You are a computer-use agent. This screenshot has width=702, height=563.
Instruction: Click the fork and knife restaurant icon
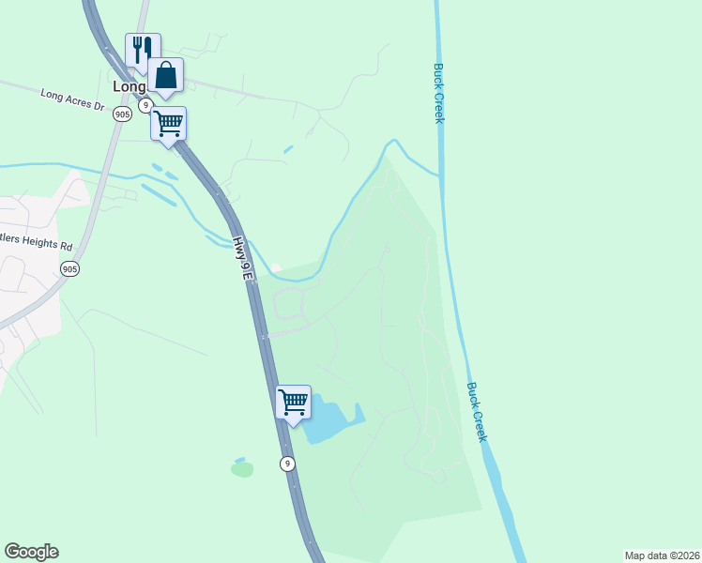(x=143, y=49)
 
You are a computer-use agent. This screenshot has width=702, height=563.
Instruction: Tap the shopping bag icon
(x=165, y=75)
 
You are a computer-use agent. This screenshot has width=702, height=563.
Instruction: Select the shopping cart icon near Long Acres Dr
(x=168, y=123)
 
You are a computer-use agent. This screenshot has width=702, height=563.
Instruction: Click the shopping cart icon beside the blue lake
(x=293, y=402)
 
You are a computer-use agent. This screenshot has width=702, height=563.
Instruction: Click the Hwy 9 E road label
(x=242, y=259)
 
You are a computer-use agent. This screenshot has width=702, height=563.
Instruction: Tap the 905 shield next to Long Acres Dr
(x=122, y=114)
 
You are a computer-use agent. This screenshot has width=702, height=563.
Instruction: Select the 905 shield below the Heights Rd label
(x=69, y=269)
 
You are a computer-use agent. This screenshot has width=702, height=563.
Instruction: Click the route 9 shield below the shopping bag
(x=145, y=105)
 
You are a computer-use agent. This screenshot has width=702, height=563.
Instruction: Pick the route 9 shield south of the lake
(x=287, y=464)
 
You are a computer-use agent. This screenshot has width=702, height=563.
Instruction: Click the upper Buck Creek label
(x=438, y=92)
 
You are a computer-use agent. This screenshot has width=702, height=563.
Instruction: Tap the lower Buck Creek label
(x=477, y=411)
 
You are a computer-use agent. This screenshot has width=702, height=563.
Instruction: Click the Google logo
(x=31, y=552)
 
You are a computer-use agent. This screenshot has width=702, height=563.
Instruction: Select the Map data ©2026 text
(x=661, y=555)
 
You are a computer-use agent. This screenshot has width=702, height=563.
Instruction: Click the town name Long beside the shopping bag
(x=130, y=85)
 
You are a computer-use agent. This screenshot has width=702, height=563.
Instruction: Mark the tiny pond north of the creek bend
(x=288, y=148)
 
